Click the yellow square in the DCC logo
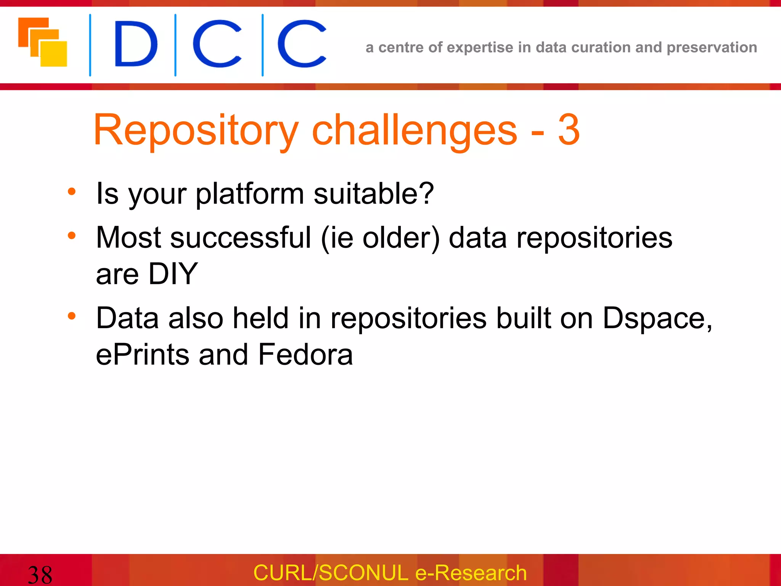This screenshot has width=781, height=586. tap(54, 54)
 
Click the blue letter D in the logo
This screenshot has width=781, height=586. tap(135, 44)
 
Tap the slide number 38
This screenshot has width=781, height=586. tap(40, 575)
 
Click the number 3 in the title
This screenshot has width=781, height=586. tap(569, 130)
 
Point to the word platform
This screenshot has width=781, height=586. tap(250, 194)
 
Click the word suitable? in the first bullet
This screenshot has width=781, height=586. tap(374, 193)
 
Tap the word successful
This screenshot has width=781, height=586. tap(241, 238)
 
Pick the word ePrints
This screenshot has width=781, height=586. tap(143, 354)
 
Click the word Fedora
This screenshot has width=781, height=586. tap(305, 354)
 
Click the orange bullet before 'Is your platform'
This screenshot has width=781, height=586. tap(72, 192)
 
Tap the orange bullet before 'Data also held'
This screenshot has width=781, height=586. tap(72, 316)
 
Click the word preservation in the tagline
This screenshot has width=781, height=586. tap(712, 48)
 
